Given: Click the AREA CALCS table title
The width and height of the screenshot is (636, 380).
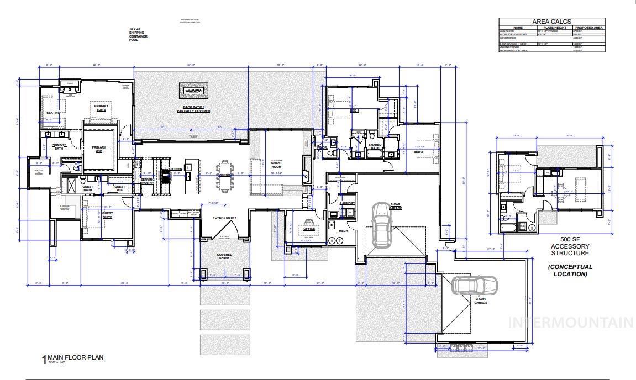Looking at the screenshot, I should [x=551, y=22].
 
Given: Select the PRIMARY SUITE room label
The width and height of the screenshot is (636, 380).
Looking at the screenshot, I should [x=101, y=108].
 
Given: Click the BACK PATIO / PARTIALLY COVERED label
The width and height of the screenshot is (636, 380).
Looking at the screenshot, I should [x=193, y=109].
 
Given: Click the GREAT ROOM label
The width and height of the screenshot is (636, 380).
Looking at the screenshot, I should [x=276, y=164].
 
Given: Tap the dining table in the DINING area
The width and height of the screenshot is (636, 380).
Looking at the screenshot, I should [x=225, y=176].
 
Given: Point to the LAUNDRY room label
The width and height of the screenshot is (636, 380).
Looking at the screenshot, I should [x=348, y=203].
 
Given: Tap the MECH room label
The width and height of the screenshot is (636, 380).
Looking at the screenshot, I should [x=343, y=230].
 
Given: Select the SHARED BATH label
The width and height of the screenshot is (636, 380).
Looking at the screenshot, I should [x=375, y=146].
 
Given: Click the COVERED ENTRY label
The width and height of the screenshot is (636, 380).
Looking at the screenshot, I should [x=224, y=256].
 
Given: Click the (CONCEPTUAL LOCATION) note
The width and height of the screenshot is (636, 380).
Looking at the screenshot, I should [x=570, y=270].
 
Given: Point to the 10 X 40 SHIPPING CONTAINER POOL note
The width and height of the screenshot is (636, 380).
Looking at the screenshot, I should [x=136, y=34].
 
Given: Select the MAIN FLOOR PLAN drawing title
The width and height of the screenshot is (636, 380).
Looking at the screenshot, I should [x=76, y=357].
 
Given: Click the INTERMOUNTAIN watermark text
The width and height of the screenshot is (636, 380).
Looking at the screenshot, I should [x=570, y=323].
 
